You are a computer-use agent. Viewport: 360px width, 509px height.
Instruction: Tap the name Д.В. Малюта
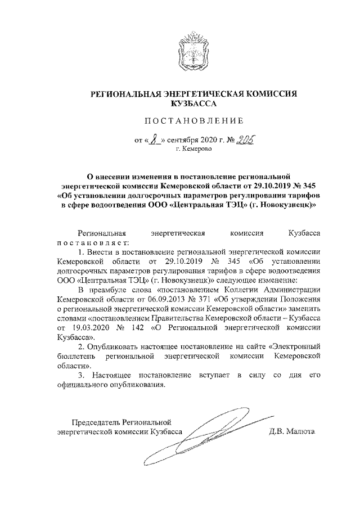292,433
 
